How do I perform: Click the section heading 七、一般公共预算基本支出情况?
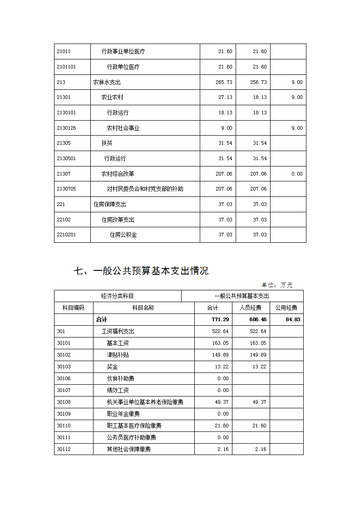pyautogui.click(x=141, y=271)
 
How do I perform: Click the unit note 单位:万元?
pyautogui.click(x=277, y=285)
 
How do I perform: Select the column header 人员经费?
pyautogui.click(x=250, y=308)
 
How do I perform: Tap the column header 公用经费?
pyautogui.click(x=286, y=308)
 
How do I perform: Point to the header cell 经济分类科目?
pyautogui.click(x=118, y=296)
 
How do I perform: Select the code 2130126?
pyautogui.click(x=66, y=128)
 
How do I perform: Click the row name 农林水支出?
pyautogui.click(x=107, y=82)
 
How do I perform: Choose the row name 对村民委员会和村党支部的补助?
pyautogui.click(x=145, y=189)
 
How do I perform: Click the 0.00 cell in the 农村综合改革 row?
pyautogui.click(x=297, y=174)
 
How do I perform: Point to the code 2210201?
pyautogui.click(x=66, y=235)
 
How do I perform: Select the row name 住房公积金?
pyautogui.click(x=123, y=235)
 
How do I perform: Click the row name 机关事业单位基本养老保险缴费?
pyautogui.click(x=145, y=402)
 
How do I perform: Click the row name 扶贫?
pyautogui.click(x=107, y=143)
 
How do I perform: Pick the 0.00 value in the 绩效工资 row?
pyautogui.click(x=223, y=390)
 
